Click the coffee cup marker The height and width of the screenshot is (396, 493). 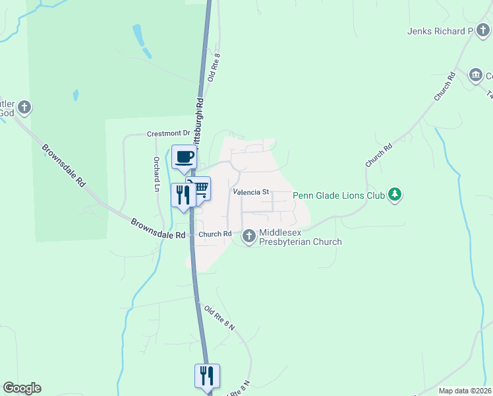coord(184,157)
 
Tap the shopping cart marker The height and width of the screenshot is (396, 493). coord(200,189)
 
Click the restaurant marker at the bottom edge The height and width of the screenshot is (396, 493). coord(207,376)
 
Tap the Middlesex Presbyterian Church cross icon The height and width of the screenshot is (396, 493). coord(249,236)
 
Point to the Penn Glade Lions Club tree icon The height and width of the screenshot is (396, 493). coord(395,194)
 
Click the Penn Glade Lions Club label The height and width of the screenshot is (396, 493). coord(338,195)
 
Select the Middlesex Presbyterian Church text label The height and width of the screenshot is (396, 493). coord(300,237)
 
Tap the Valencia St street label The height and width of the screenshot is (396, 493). coord(251,192)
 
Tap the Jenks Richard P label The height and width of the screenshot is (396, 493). coord(440,31)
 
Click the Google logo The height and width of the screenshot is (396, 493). coord(22,388)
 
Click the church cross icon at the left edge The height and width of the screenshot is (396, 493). coord(24,106)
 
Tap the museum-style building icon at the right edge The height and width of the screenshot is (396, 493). coord(475,76)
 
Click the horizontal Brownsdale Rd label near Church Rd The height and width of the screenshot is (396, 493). coord(158,224)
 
